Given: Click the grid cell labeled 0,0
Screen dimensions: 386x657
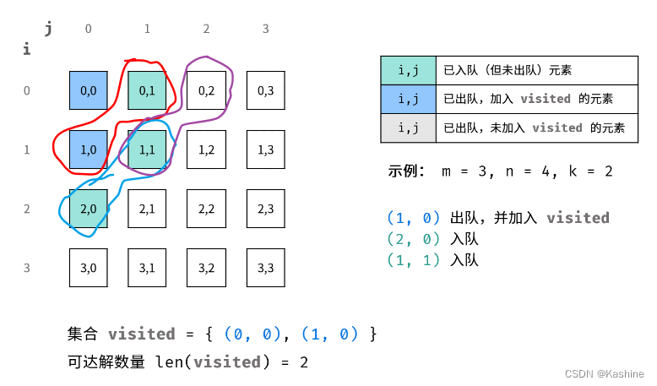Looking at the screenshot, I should [x=89, y=90].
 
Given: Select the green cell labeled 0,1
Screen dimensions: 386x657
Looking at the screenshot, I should [x=148, y=90].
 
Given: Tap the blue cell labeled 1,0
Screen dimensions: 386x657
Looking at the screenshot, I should [x=89, y=150].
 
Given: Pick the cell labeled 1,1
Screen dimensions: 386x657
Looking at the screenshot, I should [x=148, y=150].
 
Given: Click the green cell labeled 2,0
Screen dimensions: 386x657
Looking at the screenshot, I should [x=89, y=209].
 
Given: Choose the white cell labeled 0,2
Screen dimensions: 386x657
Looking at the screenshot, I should [x=207, y=90].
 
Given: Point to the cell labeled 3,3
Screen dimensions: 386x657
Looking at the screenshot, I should [x=266, y=268].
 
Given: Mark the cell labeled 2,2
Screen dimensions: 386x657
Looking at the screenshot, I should [x=207, y=209].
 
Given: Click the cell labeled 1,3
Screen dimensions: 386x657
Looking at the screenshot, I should [x=266, y=150].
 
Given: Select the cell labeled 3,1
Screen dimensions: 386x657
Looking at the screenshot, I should [x=148, y=268].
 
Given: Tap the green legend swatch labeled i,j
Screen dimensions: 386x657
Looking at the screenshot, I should [x=409, y=70].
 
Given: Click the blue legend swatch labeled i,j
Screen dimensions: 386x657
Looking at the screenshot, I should [x=409, y=99].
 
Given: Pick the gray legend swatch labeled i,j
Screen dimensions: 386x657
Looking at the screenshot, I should [x=409, y=128].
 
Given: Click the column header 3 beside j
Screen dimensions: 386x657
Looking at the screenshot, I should [x=265, y=30].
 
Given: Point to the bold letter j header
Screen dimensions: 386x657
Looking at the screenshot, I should [x=48, y=29].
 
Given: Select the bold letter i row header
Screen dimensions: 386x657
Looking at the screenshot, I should [x=27, y=50].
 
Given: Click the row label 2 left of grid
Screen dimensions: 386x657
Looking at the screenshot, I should [x=27, y=209].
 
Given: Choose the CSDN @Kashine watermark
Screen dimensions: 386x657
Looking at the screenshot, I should [x=604, y=373].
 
